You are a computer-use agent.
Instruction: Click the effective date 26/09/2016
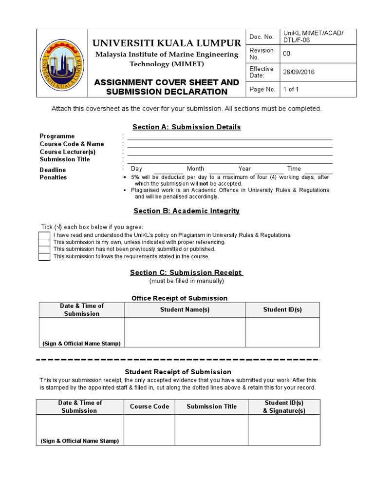tap(299, 72)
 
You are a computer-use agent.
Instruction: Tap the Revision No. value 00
tap(286, 54)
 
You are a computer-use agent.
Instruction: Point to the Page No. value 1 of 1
tap(291, 89)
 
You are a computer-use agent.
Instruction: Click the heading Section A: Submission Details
tap(187, 127)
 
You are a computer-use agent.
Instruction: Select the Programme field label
tap(57, 136)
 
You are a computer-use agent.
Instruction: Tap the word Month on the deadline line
tap(195, 169)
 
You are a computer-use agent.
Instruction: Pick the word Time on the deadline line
tap(294, 169)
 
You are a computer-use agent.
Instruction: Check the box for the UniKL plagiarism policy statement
tap(44, 235)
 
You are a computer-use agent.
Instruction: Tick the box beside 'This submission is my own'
tap(44, 242)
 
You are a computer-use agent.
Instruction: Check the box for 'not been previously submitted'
tap(44, 249)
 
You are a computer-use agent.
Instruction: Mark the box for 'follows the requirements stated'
tap(44, 256)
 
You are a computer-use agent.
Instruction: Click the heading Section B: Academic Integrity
tap(187, 211)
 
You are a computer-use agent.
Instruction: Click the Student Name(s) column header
tap(185, 309)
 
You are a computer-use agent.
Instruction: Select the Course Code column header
tap(150, 406)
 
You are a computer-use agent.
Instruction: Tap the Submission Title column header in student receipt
tap(211, 406)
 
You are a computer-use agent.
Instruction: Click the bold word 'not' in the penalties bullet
tap(204, 184)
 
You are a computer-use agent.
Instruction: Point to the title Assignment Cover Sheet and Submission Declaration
tap(167, 87)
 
